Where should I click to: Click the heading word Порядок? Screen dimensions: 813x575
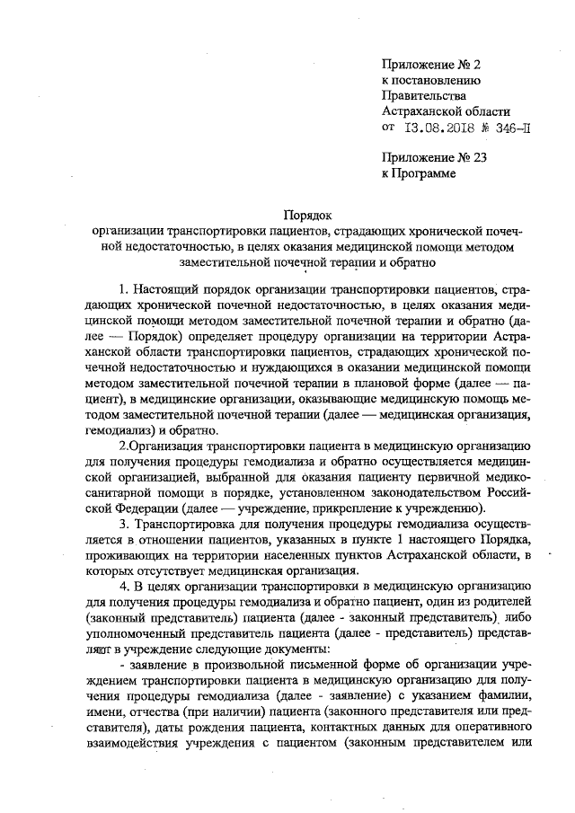308,216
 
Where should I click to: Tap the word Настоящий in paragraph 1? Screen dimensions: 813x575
169,290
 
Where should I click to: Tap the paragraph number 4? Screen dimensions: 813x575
122,587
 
